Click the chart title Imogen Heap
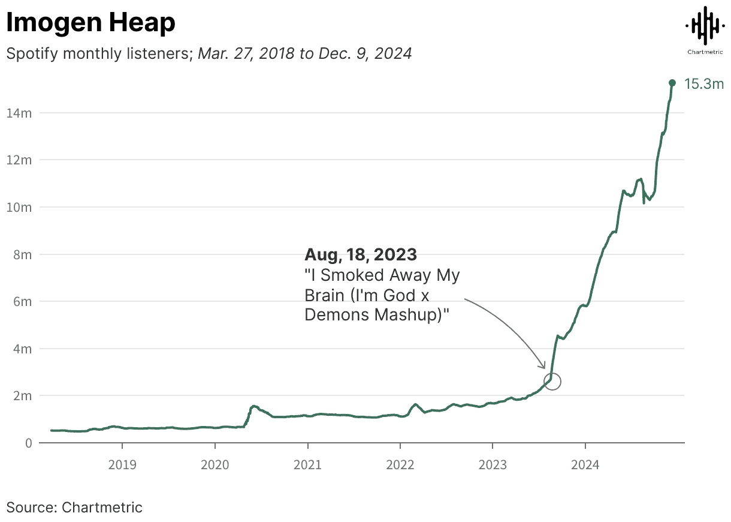tap(90, 23)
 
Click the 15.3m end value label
tap(704, 84)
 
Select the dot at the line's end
tap(672, 83)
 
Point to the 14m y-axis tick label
tap(19, 113)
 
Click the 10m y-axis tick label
tap(19, 207)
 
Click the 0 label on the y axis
tap(28, 443)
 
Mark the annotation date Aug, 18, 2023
tap(361, 254)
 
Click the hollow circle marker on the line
tap(552, 381)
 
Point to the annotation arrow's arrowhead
tap(544, 367)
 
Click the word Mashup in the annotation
tap(412, 314)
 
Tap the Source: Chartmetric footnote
tap(74, 508)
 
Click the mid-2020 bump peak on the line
tap(254, 406)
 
